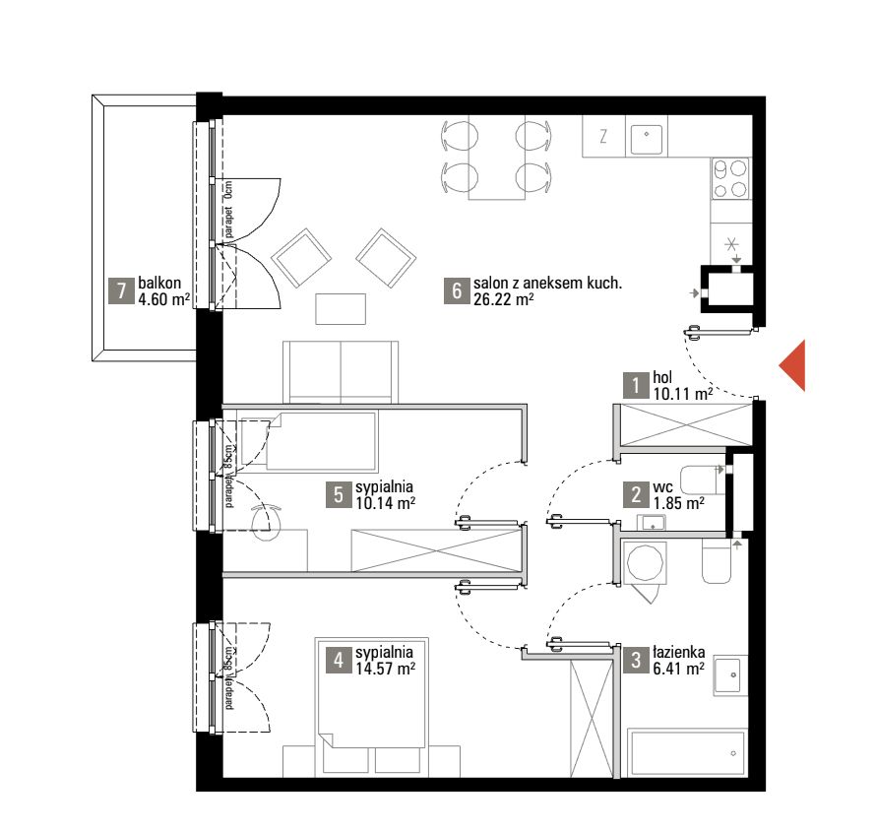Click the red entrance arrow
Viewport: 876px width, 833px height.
click(x=794, y=365)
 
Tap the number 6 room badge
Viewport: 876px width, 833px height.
click(x=457, y=290)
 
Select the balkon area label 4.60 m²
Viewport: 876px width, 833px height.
click(x=163, y=299)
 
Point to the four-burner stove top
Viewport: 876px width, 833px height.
click(x=730, y=179)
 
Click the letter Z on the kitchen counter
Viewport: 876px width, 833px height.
click(x=603, y=136)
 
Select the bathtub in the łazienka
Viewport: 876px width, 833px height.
click(x=688, y=752)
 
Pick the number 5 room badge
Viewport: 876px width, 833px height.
click(x=339, y=494)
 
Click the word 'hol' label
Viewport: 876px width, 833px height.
click(x=662, y=377)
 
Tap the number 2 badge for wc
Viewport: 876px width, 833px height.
click(x=636, y=494)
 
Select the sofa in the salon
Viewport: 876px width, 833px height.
click(x=341, y=372)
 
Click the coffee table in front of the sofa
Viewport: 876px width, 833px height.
click(x=341, y=309)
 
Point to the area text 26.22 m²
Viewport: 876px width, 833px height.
click(x=503, y=299)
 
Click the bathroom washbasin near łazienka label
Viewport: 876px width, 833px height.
click(x=730, y=674)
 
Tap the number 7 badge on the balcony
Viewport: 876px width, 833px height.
click(x=122, y=290)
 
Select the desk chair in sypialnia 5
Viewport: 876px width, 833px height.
click(x=266, y=520)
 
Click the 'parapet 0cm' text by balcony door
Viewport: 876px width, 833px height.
click(x=228, y=210)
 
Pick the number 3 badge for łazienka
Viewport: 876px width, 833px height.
click(x=636, y=661)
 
